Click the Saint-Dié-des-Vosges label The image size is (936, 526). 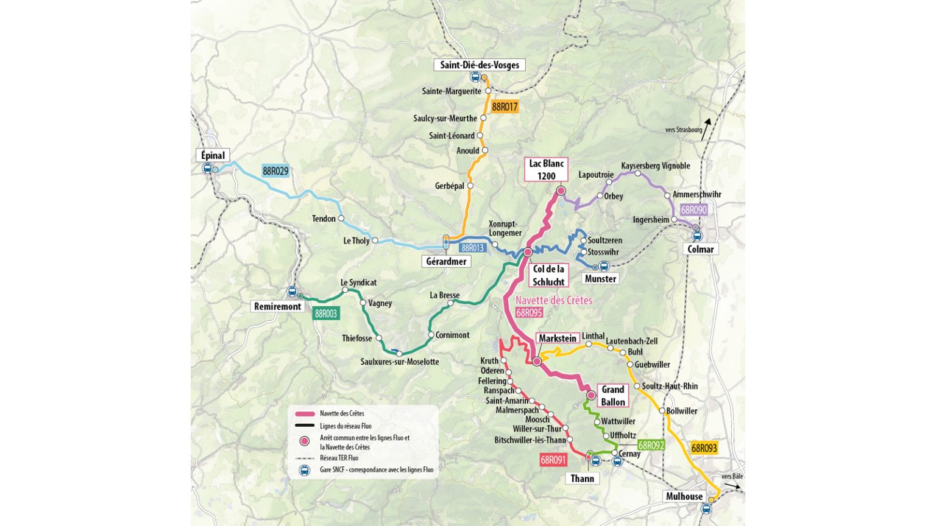(480, 65)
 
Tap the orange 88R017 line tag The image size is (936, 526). (505, 107)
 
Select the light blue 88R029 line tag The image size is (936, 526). (275, 172)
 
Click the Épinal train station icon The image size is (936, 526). (207, 169)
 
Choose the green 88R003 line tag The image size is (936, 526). (325, 314)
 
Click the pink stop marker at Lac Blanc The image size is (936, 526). (561, 191)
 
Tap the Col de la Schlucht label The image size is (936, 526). (548, 275)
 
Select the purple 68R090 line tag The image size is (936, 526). (693, 210)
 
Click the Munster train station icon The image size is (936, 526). (604, 266)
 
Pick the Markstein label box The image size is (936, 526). (557, 338)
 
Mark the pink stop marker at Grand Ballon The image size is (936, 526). (590, 396)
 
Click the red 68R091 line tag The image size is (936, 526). (553, 460)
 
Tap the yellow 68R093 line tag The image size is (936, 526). (704, 448)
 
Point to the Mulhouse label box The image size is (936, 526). (684, 496)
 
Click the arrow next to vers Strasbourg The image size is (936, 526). (706, 129)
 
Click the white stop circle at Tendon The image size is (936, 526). (341, 219)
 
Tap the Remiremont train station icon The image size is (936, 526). (292, 292)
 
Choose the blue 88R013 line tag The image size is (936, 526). (472, 248)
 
